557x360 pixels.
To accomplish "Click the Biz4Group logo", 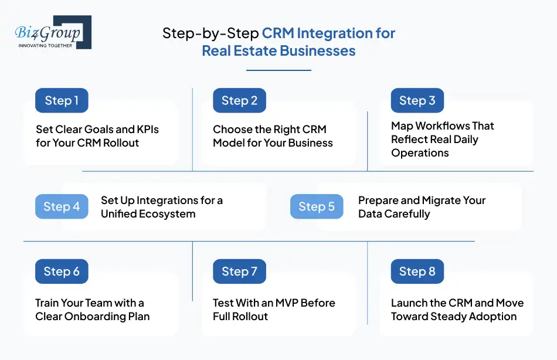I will click(x=53, y=32).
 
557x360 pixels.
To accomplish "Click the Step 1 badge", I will click(x=62, y=100).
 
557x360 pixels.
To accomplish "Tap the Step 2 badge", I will click(x=239, y=100).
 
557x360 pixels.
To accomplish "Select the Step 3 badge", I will click(x=417, y=100).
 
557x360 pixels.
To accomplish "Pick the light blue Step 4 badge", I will click(x=62, y=206).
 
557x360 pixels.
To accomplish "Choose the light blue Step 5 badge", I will click(x=317, y=206).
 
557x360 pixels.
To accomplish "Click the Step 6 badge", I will click(x=62, y=271).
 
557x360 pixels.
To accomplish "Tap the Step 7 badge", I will click(x=239, y=271).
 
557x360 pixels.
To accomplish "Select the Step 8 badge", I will click(x=417, y=271).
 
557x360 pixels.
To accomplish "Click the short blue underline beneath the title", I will click(x=278, y=70).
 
